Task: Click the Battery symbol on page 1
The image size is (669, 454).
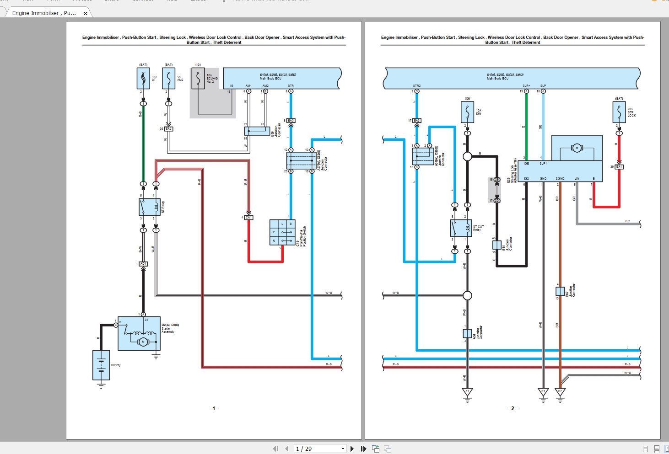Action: click(x=101, y=365)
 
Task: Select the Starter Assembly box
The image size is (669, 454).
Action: click(x=139, y=333)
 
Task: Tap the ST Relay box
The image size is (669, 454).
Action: click(x=150, y=207)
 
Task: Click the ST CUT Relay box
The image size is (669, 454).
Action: click(x=461, y=228)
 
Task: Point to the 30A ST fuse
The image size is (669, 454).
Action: click(x=143, y=79)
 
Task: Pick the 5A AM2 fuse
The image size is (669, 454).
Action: click(x=168, y=79)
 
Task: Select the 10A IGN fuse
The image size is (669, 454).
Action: click(x=467, y=112)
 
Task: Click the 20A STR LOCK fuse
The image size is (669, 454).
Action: click(x=619, y=112)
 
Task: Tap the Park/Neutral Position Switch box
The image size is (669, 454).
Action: click(x=282, y=232)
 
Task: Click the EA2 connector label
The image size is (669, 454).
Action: click(x=168, y=129)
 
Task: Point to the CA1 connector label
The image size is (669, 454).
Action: click(x=248, y=217)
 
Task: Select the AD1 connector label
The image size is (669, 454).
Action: click(x=143, y=264)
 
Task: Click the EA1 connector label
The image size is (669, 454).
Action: click(x=619, y=167)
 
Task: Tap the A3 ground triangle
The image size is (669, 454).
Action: click(x=467, y=392)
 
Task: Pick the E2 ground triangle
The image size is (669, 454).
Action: click(x=560, y=392)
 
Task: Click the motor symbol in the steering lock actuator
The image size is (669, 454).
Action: click(x=577, y=148)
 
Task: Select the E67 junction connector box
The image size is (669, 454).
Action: click(x=560, y=291)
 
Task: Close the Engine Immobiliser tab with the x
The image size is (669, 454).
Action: click(x=86, y=13)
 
